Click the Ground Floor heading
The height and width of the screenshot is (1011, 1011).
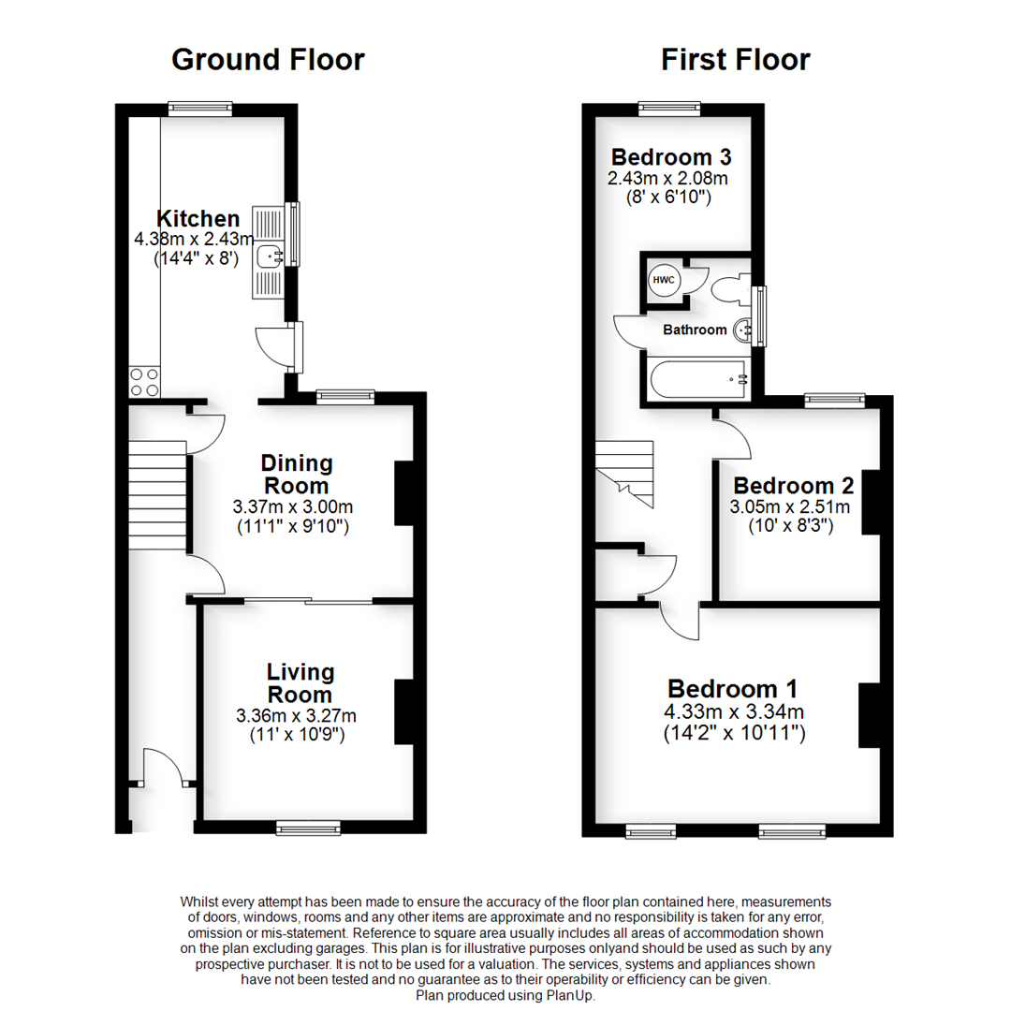pos(268,60)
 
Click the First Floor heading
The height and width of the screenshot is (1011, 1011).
pos(735,60)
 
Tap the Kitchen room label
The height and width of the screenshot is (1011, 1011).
pos(191,219)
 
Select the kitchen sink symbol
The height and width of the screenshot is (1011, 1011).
pos(269,254)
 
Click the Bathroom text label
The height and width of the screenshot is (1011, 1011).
pos(695,330)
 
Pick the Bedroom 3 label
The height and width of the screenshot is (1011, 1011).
pos(670,156)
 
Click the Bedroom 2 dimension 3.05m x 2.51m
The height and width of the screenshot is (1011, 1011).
pos(791,507)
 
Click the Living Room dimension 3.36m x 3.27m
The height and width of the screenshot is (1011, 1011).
pos(297,716)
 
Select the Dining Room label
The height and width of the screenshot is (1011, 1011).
pos(297,475)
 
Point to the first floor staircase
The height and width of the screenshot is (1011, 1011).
pos(625,473)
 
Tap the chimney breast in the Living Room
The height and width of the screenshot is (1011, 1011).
pos(404,711)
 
